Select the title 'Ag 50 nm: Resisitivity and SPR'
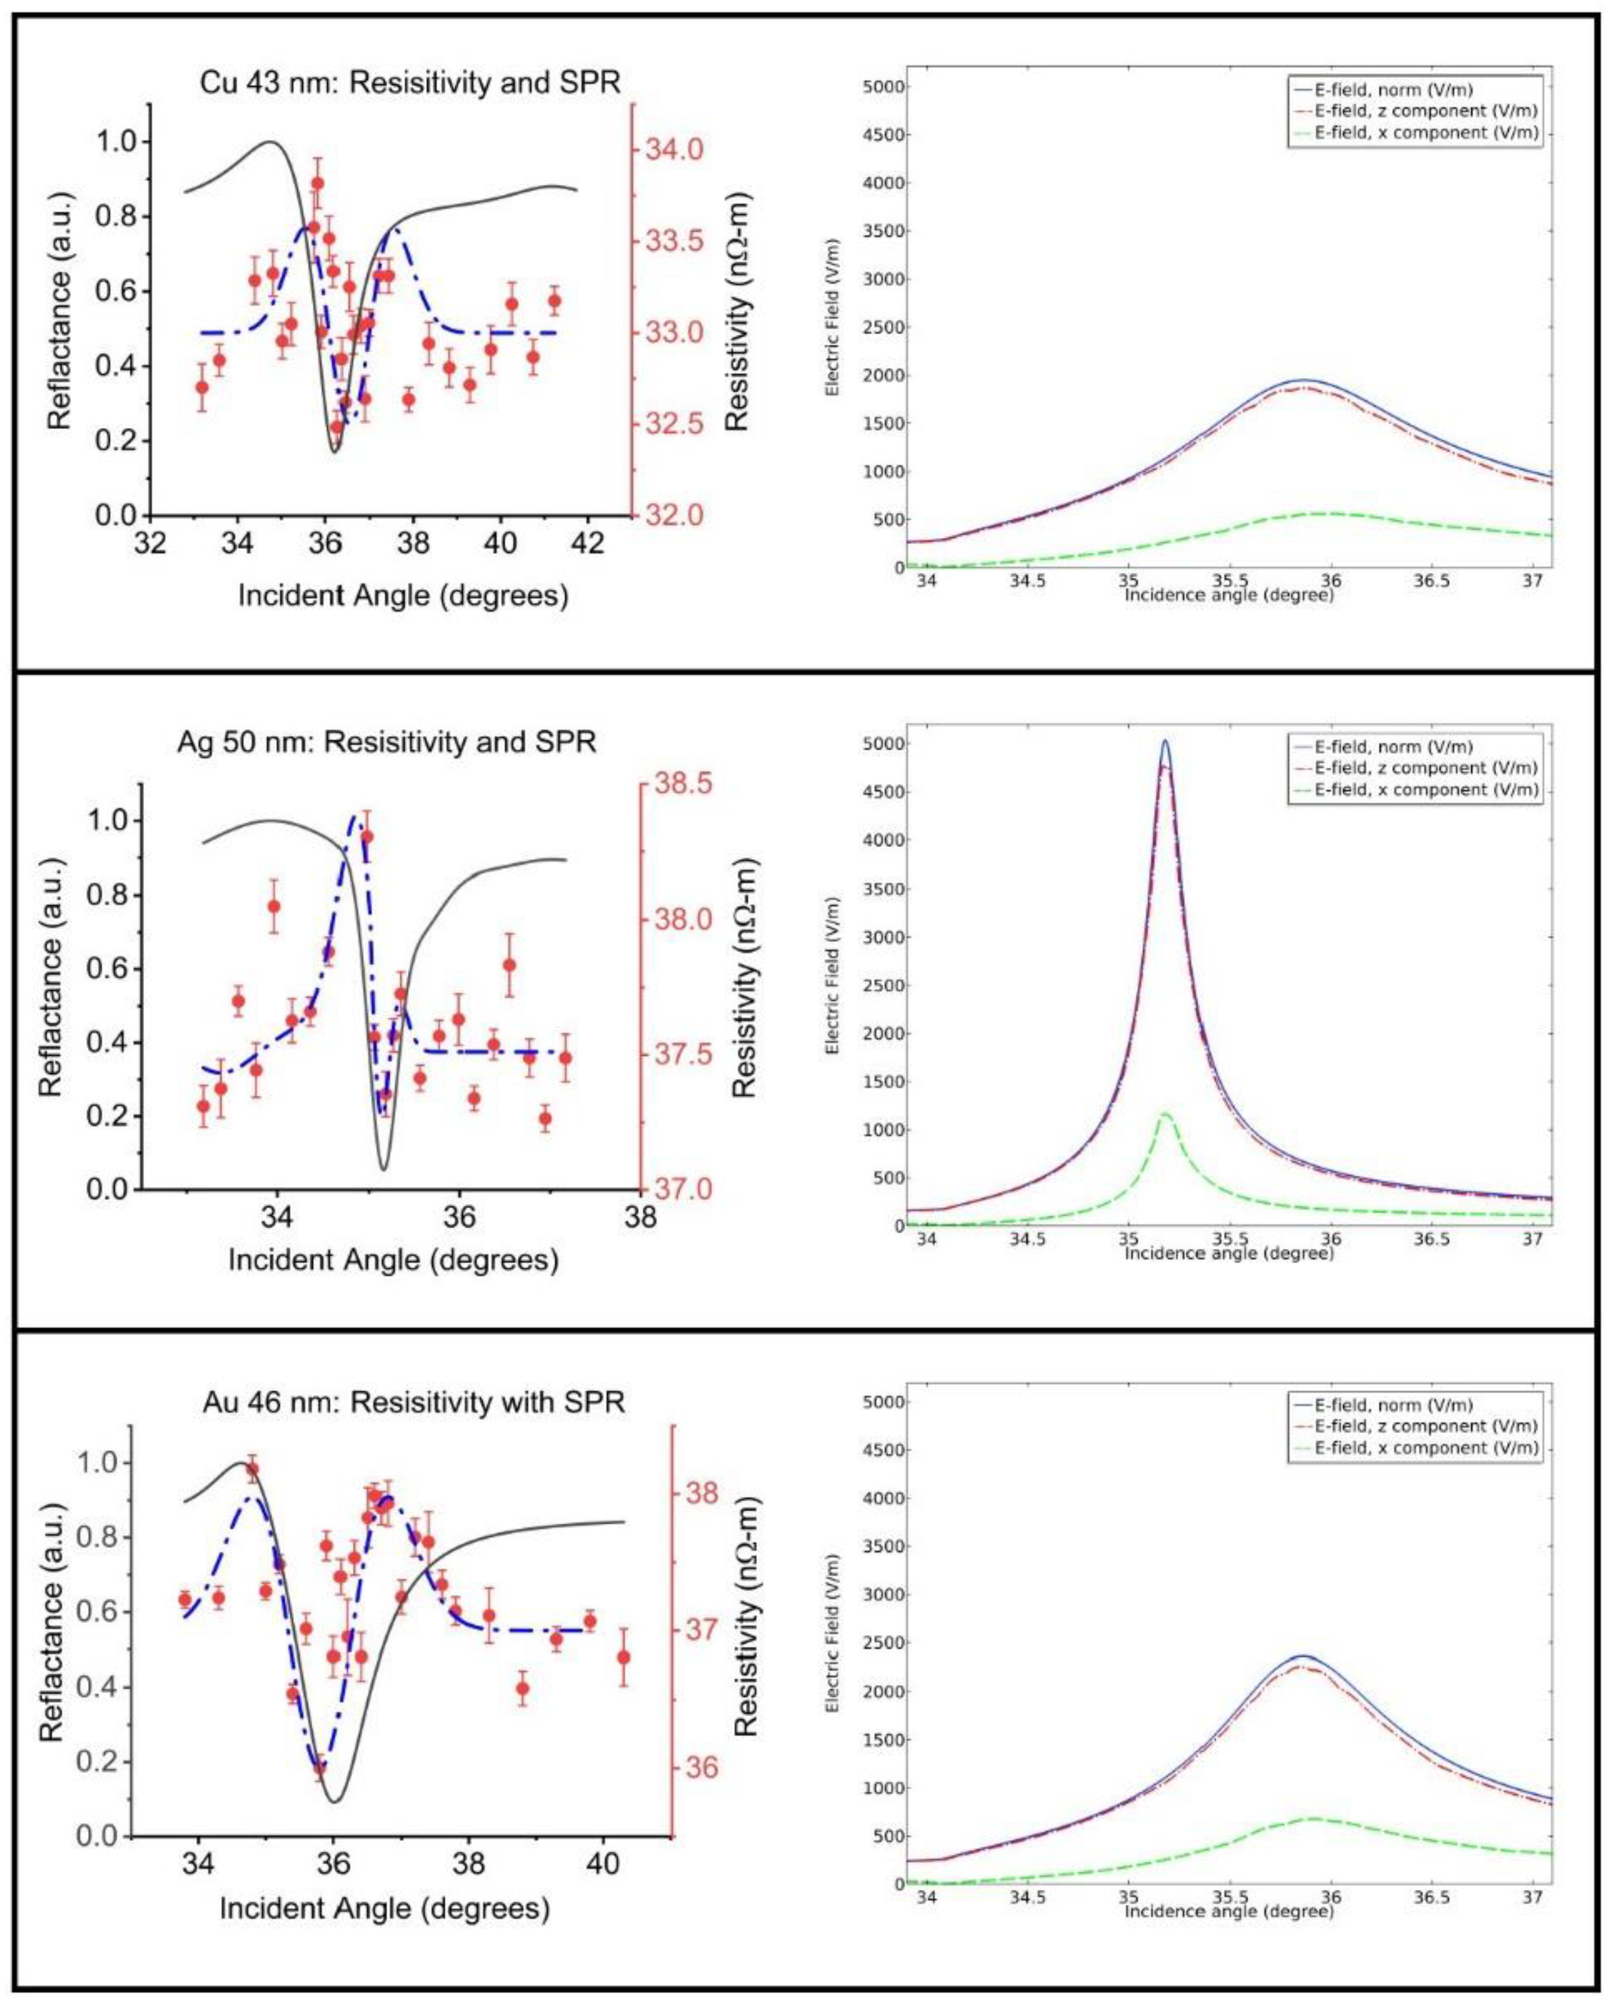(386, 742)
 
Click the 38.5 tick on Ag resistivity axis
(683, 784)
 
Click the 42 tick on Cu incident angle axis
(589, 543)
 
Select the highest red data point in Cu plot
(317, 183)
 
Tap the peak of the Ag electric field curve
(1165, 742)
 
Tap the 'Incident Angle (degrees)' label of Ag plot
(393, 1260)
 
